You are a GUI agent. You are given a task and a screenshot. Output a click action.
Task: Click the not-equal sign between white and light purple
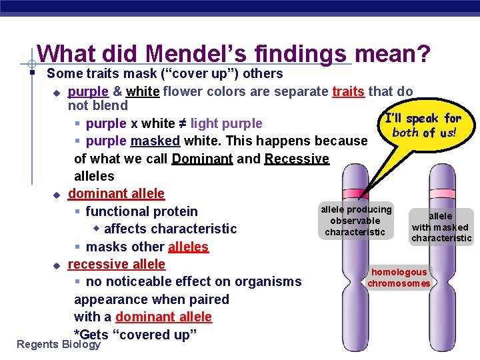(182, 123)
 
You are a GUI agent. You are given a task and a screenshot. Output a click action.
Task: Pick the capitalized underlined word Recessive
(297, 159)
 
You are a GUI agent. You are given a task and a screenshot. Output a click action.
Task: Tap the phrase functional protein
(141, 211)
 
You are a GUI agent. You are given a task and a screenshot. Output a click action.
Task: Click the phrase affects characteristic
(170, 229)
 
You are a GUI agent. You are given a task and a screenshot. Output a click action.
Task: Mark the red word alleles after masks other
(188, 247)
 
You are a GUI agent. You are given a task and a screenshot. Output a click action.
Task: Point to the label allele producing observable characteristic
(355, 221)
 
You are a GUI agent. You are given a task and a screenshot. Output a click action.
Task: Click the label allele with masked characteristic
(441, 227)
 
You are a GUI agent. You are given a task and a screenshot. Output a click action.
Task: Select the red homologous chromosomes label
(399, 277)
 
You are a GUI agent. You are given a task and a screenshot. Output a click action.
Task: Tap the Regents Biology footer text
(58, 344)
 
